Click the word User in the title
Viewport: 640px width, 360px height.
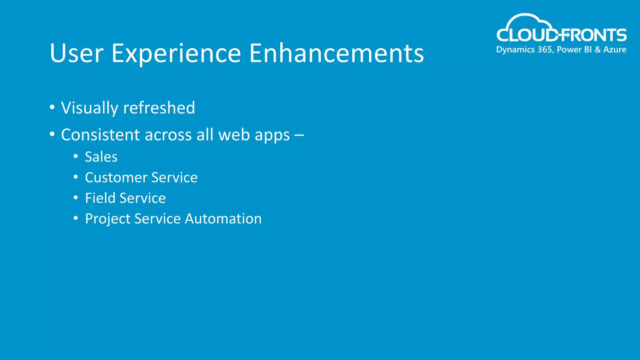[x=76, y=53]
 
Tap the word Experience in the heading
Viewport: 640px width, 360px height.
[x=176, y=53]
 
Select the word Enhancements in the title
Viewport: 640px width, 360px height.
[x=336, y=53]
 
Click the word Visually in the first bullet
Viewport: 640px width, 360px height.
[x=89, y=108]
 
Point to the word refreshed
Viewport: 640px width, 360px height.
[x=159, y=108]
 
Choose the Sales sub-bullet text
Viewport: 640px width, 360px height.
[x=101, y=157]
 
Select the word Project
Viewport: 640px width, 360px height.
[x=107, y=219]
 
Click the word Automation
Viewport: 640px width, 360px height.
[x=223, y=219]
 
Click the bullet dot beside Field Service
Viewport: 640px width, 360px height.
[x=76, y=198]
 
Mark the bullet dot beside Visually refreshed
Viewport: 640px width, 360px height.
[x=52, y=107]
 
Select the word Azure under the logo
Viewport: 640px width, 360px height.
[x=614, y=50]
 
